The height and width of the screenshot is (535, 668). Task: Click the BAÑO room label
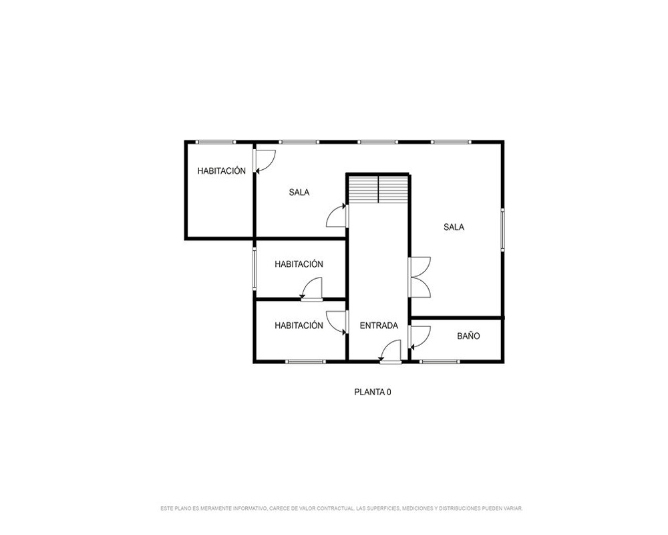tap(468, 336)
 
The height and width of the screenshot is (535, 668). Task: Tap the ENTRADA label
tap(379, 326)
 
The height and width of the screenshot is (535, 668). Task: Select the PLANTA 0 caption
tap(372, 392)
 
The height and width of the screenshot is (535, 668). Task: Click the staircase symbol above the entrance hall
tap(378, 189)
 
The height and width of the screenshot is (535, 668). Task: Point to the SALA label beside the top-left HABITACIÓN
tap(299, 193)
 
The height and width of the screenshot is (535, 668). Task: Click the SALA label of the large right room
tap(454, 227)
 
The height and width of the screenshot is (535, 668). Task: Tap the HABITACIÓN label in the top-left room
tap(222, 171)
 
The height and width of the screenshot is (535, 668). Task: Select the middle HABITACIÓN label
tap(299, 265)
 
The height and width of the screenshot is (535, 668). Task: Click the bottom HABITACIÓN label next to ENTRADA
tap(299, 326)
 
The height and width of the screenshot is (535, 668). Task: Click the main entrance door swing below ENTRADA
tap(390, 351)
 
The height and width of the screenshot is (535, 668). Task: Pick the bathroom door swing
tap(420, 337)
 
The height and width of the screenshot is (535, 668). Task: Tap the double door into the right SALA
tap(420, 278)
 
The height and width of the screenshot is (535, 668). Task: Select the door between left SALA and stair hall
tap(337, 215)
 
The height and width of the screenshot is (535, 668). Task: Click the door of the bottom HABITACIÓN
tap(337, 322)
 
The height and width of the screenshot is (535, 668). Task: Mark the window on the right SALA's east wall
tap(502, 229)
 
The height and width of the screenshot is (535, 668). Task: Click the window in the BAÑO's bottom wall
tap(440, 362)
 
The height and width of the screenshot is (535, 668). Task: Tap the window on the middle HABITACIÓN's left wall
tap(255, 270)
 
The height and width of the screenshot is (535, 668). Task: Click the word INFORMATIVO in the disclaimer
tap(250, 508)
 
